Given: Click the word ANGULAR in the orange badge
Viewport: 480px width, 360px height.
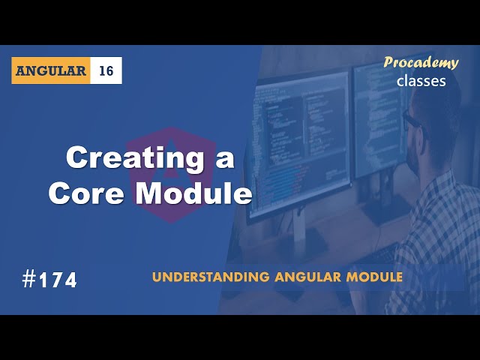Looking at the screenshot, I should (50, 70).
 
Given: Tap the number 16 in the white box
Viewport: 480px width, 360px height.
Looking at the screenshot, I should (106, 70).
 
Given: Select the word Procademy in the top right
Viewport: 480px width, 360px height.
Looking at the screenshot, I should (421, 63).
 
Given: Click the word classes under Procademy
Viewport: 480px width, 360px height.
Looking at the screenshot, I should (421, 80).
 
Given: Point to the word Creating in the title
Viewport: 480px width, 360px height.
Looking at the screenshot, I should (127, 158).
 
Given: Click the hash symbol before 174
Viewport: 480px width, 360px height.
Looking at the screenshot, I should (29, 280).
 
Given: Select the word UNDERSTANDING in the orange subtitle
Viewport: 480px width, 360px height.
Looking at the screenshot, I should (198, 277).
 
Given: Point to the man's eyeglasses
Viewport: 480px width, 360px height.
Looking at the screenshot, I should (412, 120).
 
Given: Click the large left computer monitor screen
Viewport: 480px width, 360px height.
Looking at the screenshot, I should (300, 142).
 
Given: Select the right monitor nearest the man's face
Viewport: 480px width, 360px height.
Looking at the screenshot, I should (375, 112).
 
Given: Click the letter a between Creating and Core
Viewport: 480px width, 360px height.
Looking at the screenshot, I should (223, 158).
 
